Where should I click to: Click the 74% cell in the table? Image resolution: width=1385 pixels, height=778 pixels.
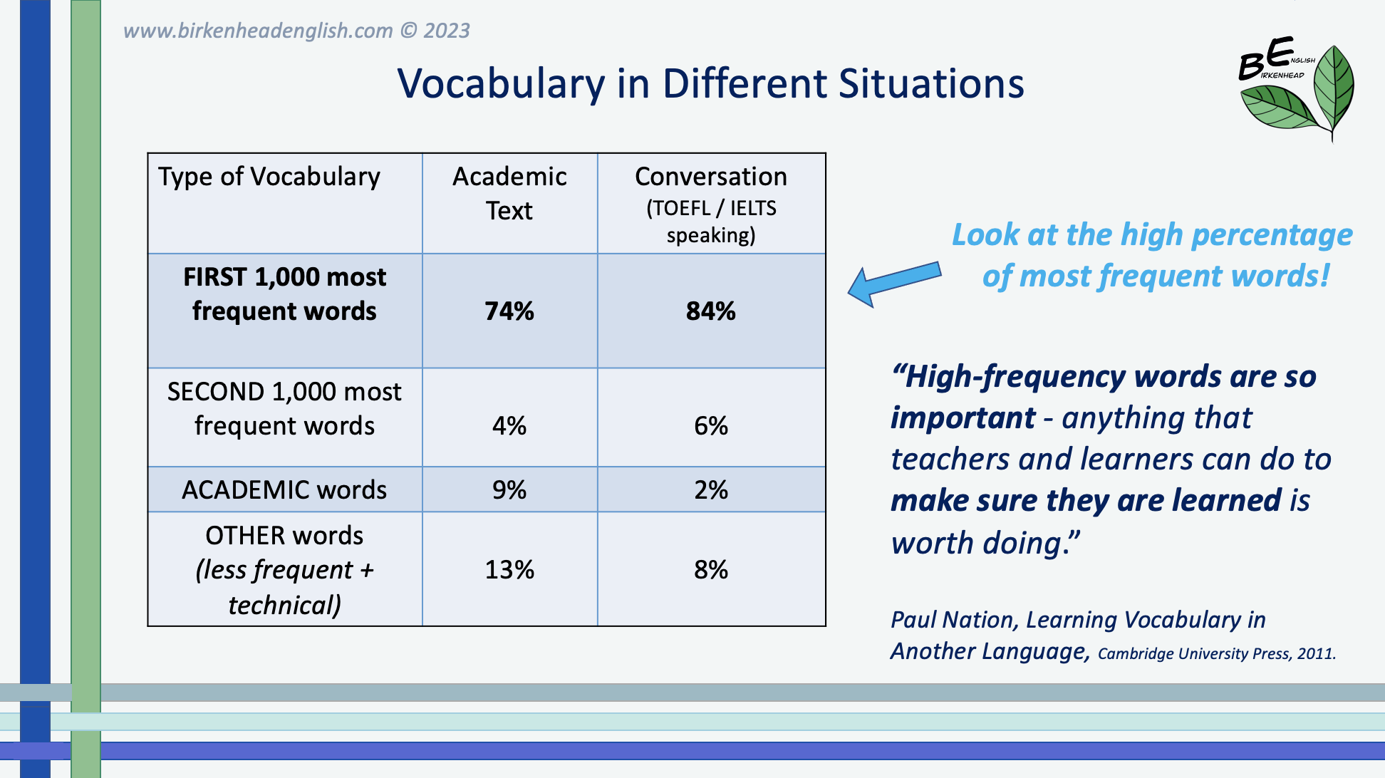509,311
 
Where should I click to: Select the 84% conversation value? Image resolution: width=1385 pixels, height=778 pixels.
711,311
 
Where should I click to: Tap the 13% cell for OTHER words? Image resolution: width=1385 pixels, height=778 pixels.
509,569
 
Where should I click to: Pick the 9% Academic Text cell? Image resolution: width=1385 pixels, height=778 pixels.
509,490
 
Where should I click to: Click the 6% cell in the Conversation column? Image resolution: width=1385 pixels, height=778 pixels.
711,426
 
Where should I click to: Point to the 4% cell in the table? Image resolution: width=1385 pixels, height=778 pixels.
509,426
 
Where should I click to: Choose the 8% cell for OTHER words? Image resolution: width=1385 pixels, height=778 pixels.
711,569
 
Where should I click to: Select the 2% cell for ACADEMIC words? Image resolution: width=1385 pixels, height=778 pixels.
711,490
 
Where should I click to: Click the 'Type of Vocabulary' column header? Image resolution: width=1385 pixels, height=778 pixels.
269,177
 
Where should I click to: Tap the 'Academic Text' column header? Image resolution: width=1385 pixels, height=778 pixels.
509,193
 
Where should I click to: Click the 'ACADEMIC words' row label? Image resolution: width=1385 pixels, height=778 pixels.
284,490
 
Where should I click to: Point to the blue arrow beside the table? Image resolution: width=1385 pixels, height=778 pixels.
893,283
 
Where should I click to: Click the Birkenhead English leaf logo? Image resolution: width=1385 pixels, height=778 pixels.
1297,89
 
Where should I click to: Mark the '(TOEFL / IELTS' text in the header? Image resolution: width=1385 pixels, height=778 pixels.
711,208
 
